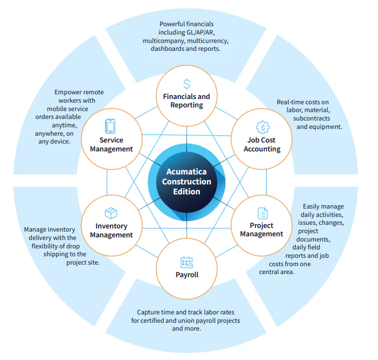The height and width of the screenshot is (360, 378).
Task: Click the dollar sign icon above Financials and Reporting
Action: tap(186, 84)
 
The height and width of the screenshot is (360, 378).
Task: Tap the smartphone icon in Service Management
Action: tap(110, 126)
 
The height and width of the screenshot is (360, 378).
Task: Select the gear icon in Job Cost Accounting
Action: tap(262, 127)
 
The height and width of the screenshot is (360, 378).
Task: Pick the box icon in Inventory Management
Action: tap(111, 213)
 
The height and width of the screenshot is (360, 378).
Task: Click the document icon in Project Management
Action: tap(262, 213)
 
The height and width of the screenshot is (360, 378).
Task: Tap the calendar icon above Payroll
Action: tap(187, 263)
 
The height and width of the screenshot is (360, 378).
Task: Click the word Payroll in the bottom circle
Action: tap(187, 275)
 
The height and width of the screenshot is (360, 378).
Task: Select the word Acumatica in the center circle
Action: tap(186, 171)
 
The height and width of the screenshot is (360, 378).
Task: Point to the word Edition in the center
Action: tap(186, 192)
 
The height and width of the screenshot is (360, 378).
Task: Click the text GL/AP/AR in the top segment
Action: tap(201, 32)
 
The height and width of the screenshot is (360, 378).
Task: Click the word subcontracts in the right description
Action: tap(312, 118)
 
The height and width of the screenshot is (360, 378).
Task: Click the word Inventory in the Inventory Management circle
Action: tap(112, 226)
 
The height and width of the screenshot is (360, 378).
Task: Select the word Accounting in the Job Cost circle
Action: tap(262, 149)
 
